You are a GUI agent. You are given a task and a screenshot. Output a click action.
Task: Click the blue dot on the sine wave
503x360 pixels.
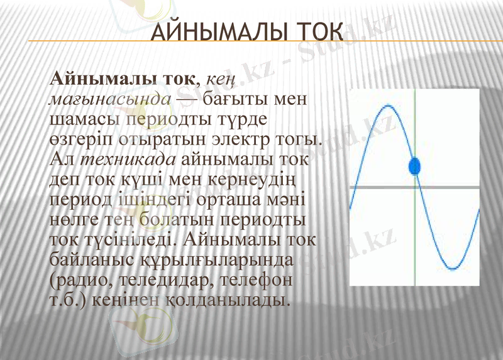[x=414, y=166]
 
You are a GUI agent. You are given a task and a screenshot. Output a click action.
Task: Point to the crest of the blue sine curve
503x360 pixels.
[x=386, y=106]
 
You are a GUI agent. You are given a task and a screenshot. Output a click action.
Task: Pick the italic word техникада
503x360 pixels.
[x=124, y=160]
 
